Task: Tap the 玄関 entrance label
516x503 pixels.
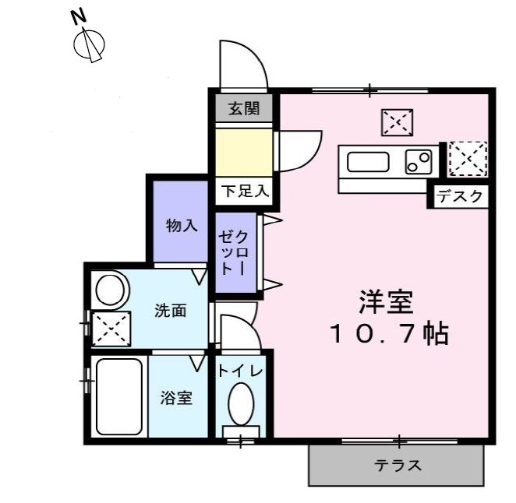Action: (243, 108)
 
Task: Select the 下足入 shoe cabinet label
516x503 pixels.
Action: (243, 190)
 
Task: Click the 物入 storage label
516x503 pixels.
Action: (181, 226)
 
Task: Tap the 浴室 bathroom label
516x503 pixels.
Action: (176, 398)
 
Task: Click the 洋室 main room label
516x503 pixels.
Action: (385, 300)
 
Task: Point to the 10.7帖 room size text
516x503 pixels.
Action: (387, 335)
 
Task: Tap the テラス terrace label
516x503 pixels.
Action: (398, 466)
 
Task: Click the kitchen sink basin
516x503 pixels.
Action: (368, 163)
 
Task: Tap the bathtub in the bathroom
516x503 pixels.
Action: (118, 397)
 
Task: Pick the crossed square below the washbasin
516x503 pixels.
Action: (111, 329)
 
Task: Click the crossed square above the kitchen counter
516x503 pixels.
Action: (397, 122)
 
